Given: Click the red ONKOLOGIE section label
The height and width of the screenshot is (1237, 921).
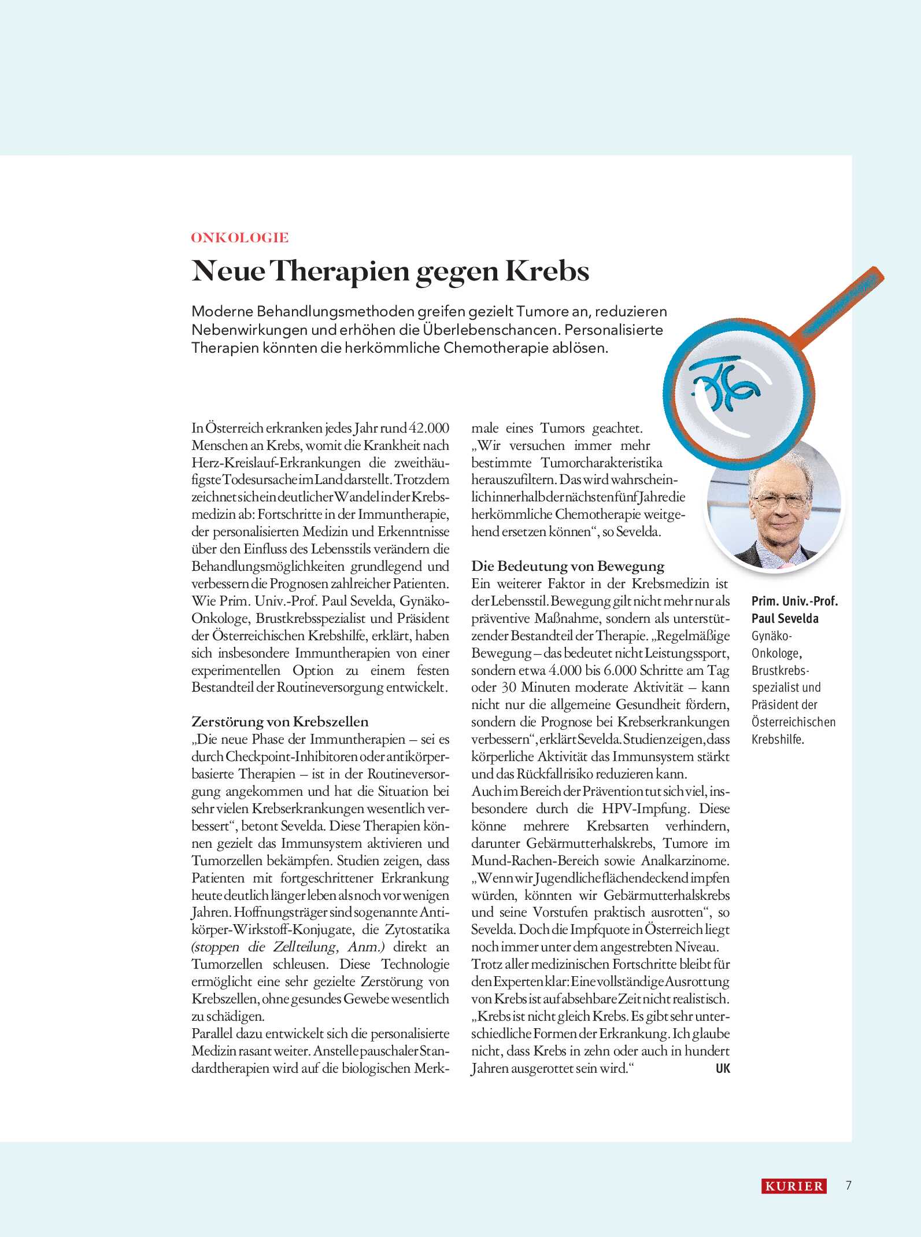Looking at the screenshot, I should (x=239, y=238).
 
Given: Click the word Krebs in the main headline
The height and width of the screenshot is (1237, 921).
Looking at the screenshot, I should (x=547, y=271).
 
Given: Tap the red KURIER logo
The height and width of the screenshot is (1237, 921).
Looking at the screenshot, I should (x=793, y=1186).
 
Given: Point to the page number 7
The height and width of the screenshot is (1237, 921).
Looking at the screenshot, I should (x=848, y=1186).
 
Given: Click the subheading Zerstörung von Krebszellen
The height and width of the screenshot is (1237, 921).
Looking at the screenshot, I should (x=280, y=722).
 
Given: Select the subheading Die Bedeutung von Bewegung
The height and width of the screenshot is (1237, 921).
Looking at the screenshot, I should (x=568, y=566).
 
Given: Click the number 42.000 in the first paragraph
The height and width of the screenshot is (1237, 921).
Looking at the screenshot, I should (x=428, y=428).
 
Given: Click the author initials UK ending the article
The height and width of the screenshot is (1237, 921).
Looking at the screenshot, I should (x=723, y=1068).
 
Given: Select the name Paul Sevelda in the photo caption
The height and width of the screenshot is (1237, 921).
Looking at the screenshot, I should (x=785, y=618).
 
